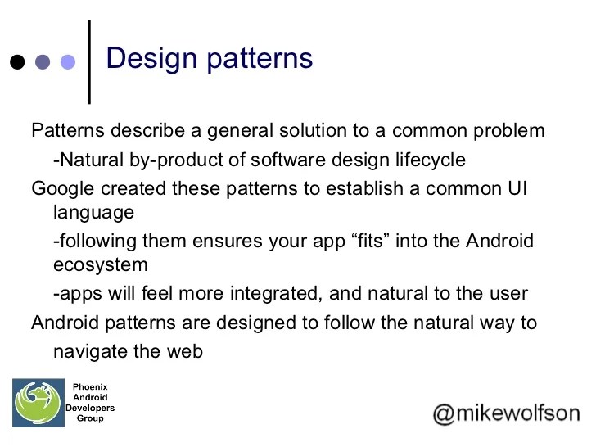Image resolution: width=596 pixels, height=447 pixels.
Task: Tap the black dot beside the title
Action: pyautogui.click(x=17, y=62)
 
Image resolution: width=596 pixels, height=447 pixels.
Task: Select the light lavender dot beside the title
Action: pyautogui.click(x=68, y=62)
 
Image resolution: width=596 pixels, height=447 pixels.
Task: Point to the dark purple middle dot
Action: pyautogui.click(x=43, y=62)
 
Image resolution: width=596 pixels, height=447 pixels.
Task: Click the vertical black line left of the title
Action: pyautogui.click(x=88, y=61)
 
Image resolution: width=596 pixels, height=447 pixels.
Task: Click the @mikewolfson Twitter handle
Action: pyautogui.click(x=506, y=413)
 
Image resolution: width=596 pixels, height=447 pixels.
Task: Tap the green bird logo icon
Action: pyautogui.click(x=38, y=404)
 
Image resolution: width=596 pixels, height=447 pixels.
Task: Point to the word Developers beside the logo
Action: pyautogui.click(x=90, y=408)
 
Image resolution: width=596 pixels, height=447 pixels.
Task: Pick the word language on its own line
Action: pyautogui.click(x=93, y=213)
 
